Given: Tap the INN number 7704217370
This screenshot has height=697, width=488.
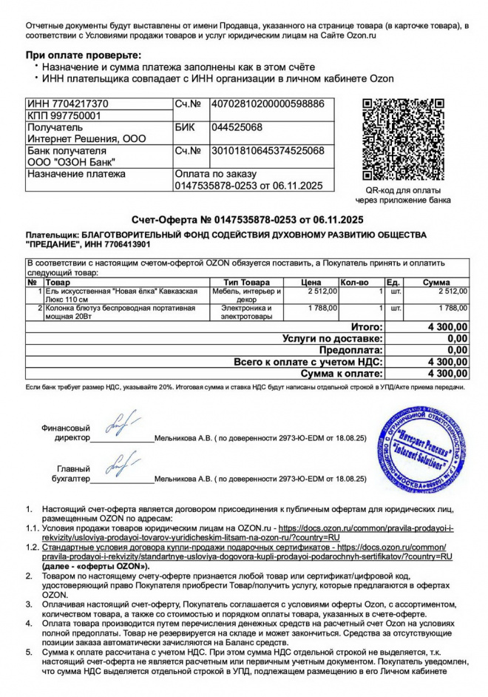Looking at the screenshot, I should coord(78,104).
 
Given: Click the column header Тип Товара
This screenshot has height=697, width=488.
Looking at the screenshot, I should coord(246,283).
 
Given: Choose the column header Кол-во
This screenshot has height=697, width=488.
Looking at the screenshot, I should coord(353,283).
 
